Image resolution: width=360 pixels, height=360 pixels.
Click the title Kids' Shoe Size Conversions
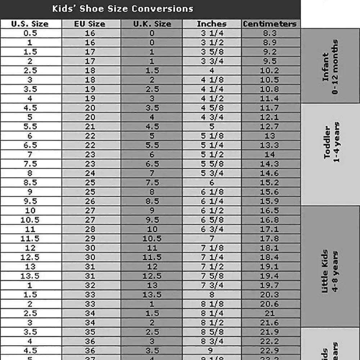point(122,9)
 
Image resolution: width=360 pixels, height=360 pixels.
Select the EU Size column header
point(90,24)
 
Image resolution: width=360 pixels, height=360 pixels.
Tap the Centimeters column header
point(270,24)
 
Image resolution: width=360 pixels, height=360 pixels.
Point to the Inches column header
point(212,24)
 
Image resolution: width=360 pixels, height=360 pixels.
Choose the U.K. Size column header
point(152,24)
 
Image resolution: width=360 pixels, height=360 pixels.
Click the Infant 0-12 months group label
point(330,67)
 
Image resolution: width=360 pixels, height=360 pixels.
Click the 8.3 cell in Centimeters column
point(270,33)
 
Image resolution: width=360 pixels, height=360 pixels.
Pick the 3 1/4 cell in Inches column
point(212,33)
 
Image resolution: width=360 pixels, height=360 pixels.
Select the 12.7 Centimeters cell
point(270,127)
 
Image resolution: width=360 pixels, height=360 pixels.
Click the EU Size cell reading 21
point(90,127)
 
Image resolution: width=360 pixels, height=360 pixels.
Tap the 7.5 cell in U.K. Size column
point(152,183)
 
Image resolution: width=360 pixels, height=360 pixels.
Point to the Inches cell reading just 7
point(212,239)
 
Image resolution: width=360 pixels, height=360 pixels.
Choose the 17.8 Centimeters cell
point(270,239)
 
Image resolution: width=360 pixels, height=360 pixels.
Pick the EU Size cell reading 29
point(90,239)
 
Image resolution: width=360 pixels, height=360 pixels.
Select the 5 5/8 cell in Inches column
point(212,164)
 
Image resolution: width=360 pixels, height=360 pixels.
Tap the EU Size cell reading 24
point(90,173)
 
